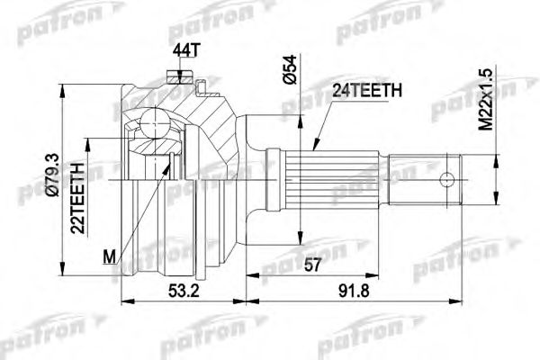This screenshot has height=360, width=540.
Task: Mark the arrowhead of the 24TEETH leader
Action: (x=315, y=146)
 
